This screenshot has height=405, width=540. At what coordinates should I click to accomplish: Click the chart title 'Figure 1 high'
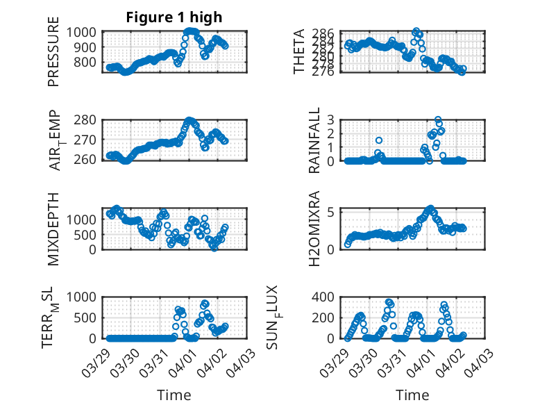[x=174, y=17]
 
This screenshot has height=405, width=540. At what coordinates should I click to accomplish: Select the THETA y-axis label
[x=299, y=51]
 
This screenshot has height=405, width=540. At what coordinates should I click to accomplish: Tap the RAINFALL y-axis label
[x=314, y=140]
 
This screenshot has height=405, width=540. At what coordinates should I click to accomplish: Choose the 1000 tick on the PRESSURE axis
[x=86, y=32]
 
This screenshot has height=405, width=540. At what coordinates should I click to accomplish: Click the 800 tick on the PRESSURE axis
[x=90, y=62]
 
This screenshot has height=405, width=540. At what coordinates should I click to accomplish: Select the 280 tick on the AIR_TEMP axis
[x=90, y=120]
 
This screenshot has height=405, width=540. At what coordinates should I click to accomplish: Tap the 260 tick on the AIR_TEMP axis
[x=90, y=160]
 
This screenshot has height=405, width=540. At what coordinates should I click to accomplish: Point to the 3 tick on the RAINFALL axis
[x=331, y=119]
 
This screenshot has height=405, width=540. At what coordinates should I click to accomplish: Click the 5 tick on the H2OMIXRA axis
[x=331, y=211]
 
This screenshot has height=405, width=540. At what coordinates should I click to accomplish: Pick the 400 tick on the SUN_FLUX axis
[x=326, y=297]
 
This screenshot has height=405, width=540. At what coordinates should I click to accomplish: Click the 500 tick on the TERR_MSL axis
[x=90, y=317]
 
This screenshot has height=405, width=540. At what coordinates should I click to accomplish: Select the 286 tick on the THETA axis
[x=326, y=33]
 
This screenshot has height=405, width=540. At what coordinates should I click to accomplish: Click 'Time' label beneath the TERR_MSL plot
[x=174, y=395]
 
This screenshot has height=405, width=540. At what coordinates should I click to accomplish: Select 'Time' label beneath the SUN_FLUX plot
[x=413, y=395]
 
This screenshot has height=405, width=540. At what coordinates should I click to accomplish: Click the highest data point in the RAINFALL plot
[x=438, y=120]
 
